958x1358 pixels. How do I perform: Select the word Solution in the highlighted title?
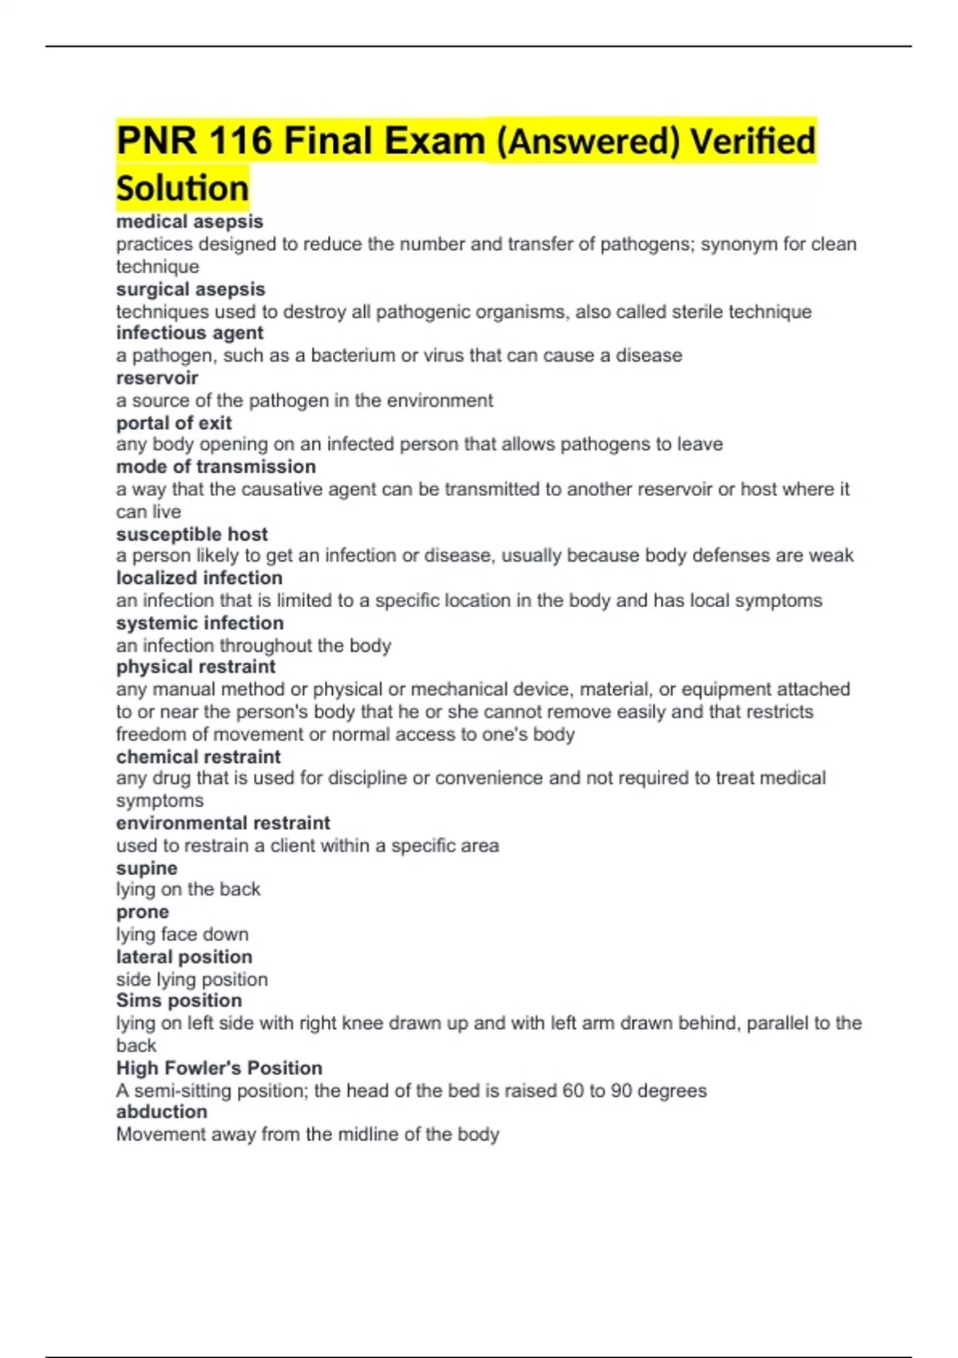pos(183,189)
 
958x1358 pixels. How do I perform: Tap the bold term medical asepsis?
pos(189,221)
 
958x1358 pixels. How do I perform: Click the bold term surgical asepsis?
pos(190,289)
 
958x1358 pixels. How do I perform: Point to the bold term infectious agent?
pos(189,333)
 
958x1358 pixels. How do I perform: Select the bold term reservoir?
pos(157,378)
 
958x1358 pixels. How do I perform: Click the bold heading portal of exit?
pos(174,423)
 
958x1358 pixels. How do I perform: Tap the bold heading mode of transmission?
pos(216,467)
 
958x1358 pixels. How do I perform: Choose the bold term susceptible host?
pos(192,534)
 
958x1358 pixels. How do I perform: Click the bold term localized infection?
pos(199,578)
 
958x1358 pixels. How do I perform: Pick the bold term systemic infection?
pos(200,623)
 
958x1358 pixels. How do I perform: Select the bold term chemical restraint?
pos(198,756)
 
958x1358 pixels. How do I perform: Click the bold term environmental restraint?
pos(223,823)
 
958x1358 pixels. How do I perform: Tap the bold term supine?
pos(147,868)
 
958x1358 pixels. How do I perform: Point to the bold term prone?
pos(142,912)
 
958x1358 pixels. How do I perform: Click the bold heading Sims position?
pos(179,1001)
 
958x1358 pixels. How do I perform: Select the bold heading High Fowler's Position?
pos(219,1068)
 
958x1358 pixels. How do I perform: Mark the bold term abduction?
pos(161,1112)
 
